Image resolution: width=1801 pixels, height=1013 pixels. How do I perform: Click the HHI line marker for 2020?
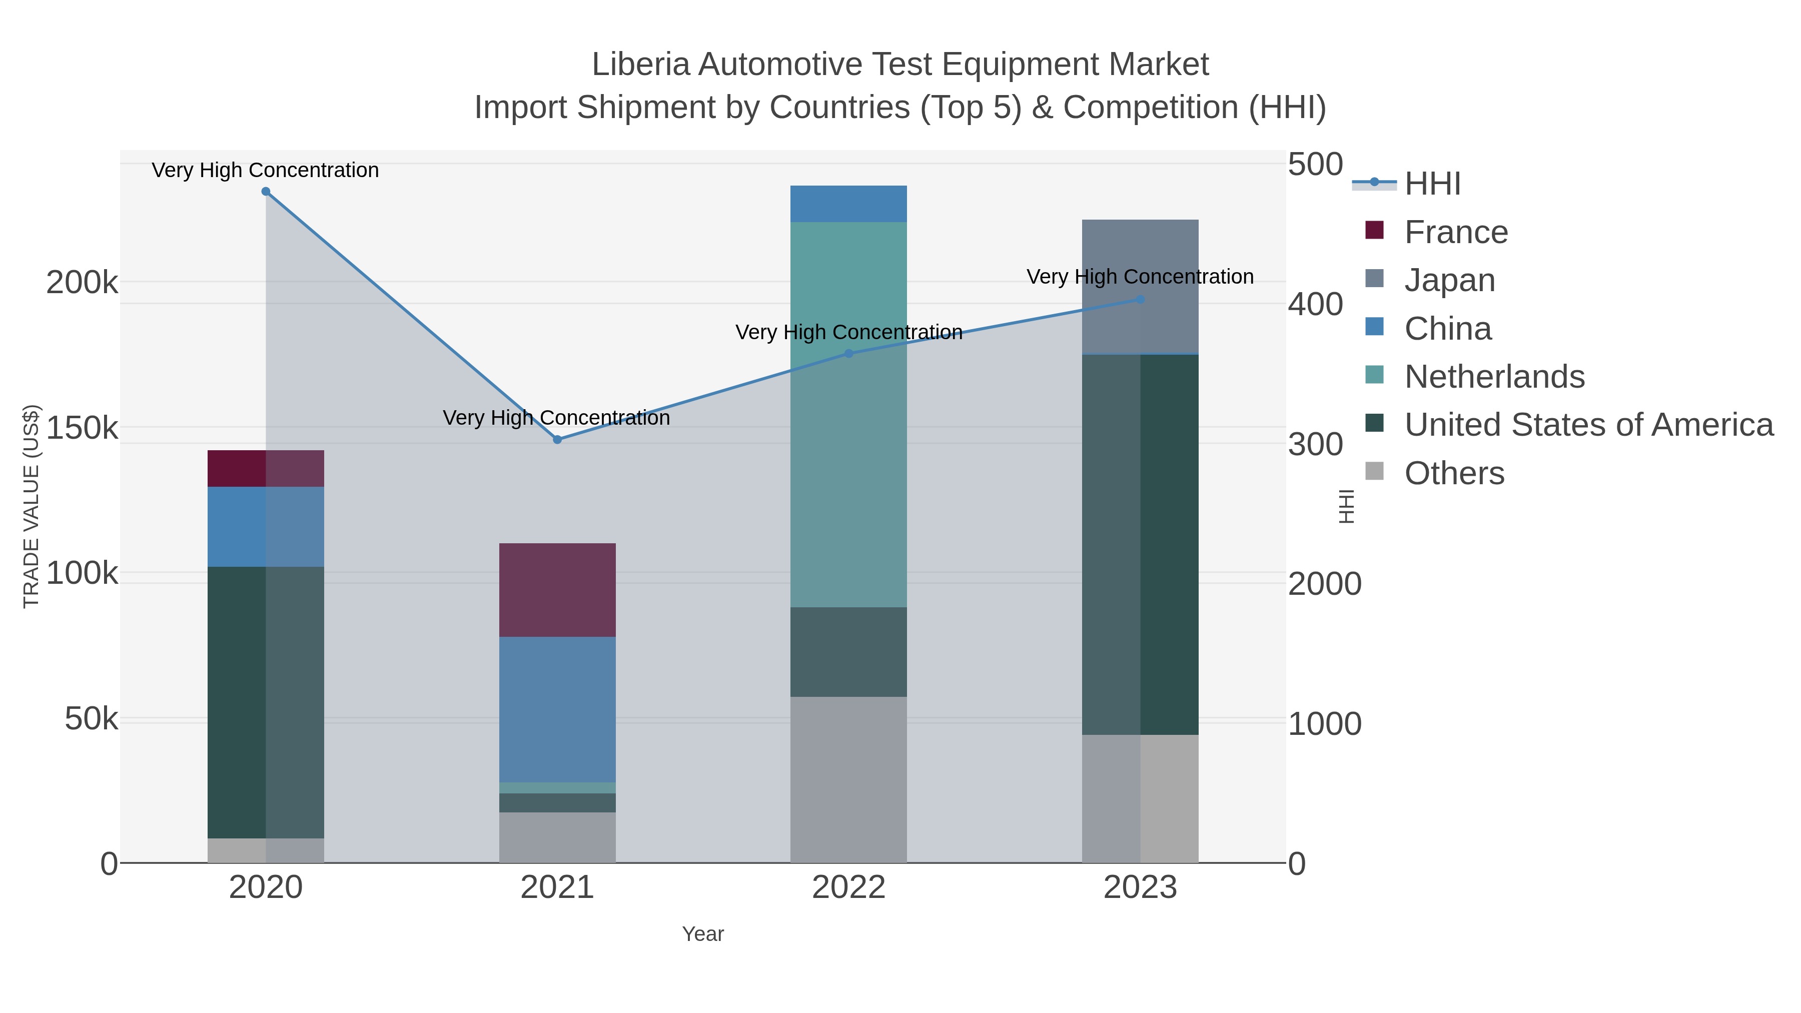[x=266, y=192]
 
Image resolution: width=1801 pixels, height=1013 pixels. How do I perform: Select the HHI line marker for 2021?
[x=557, y=440]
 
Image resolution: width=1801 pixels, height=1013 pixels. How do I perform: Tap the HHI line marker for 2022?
[x=849, y=354]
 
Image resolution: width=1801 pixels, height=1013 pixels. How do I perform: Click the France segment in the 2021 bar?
[x=557, y=590]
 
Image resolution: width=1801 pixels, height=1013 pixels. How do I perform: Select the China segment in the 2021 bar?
[x=557, y=709]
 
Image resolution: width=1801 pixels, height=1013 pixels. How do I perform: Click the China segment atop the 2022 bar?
[x=849, y=204]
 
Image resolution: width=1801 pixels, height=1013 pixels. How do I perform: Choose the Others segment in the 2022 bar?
[x=849, y=779]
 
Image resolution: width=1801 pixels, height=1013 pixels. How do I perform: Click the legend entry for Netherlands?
[x=1494, y=377]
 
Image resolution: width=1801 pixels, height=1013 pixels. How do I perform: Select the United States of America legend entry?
[x=1588, y=425]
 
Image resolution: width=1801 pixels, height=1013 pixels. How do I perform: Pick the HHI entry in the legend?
[x=1432, y=184]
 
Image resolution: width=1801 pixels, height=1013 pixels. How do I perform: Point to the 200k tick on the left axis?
[x=82, y=283]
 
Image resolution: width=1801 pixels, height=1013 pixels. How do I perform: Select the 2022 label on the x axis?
[x=849, y=888]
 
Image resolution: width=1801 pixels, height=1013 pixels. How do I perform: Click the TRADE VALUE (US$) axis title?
[x=32, y=506]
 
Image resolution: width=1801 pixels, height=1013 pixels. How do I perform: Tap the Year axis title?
[x=703, y=934]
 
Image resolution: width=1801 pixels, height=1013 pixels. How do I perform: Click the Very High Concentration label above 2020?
[x=266, y=171]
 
